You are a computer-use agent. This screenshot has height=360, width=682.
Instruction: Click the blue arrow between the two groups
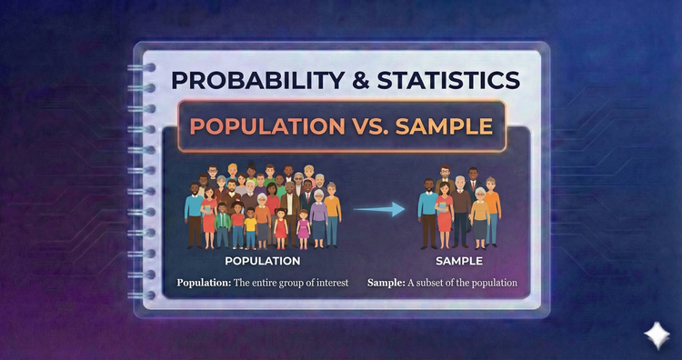click(x=379, y=210)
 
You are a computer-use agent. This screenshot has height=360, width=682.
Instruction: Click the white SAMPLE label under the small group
click(x=458, y=262)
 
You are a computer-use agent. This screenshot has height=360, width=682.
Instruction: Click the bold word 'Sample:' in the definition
click(x=386, y=283)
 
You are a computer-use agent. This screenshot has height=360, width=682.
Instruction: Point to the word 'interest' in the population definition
click(x=331, y=283)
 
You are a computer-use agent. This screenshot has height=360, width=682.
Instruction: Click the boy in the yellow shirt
click(x=251, y=227)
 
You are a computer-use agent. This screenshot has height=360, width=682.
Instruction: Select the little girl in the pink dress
click(x=279, y=227)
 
